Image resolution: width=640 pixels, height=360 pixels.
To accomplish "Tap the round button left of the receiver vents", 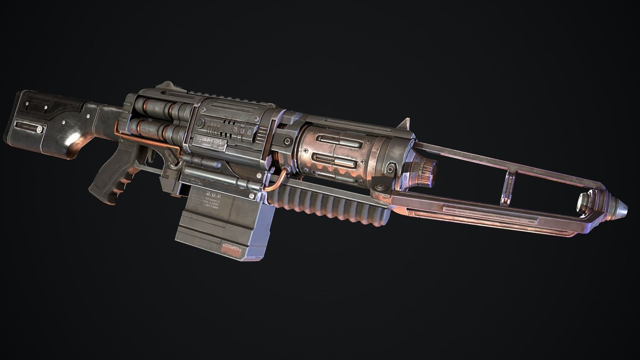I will (x=199, y=123).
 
